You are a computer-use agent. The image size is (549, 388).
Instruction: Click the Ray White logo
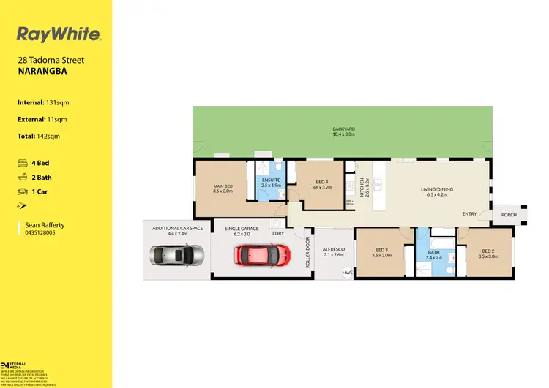coord(59,34)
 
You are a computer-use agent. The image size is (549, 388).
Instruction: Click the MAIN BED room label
coord(223,187)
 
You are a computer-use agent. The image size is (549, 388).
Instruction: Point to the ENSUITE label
coord(270,181)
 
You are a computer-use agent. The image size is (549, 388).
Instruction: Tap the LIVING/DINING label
coord(436,189)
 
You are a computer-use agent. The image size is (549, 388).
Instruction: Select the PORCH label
coord(509,215)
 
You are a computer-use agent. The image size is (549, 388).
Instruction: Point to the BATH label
coord(433,254)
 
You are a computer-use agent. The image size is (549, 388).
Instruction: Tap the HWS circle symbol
coord(346,274)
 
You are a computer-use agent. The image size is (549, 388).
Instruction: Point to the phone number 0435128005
coord(41,232)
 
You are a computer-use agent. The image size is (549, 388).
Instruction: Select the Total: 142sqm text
coord(38,136)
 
